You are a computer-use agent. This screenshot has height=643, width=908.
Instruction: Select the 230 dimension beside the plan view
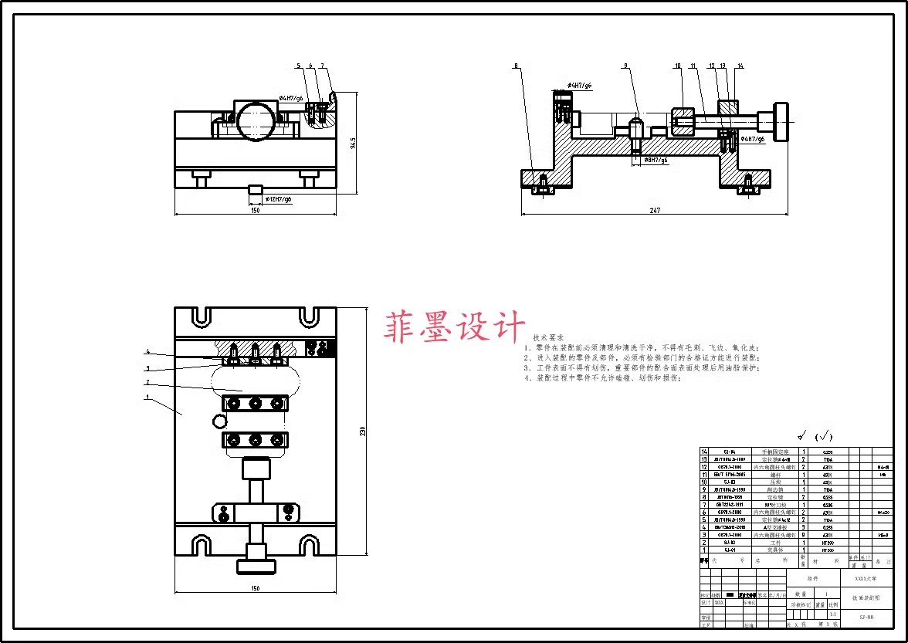363,431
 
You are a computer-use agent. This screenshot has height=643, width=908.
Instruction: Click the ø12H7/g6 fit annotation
279,199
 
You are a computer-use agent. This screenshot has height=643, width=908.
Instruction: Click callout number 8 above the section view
517,66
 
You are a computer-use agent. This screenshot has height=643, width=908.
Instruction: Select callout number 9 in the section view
625,66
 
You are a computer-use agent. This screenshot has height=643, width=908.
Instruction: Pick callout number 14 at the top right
740,66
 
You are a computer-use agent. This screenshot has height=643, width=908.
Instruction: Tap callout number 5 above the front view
297,66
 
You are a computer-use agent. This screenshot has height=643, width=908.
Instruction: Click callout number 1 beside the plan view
147,398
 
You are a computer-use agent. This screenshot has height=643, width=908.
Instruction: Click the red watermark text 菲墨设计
455,327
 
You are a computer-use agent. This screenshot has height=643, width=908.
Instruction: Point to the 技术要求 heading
548,338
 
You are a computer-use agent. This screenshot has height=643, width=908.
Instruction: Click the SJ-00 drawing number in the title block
866,617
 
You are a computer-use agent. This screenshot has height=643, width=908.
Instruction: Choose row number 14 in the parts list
703,452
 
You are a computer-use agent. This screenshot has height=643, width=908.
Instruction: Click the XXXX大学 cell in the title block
866,578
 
